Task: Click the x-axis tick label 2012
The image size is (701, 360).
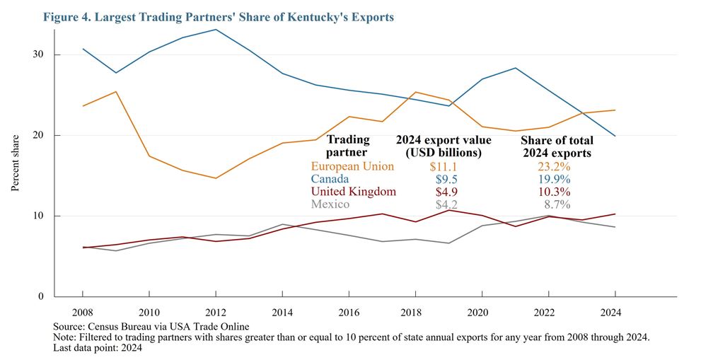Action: coord(216,311)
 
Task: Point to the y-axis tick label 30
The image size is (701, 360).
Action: coord(38,55)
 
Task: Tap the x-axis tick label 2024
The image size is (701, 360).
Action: coord(615,311)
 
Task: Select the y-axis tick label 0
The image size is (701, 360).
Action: coord(41,296)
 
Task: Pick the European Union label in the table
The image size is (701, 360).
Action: coord(352,166)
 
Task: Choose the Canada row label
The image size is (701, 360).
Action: coord(330,179)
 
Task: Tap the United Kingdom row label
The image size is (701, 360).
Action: coord(353,192)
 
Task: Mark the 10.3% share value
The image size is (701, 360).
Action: coord(555,192)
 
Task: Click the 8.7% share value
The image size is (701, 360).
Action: coord(557,204)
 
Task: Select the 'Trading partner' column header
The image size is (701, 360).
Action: coord(347,146)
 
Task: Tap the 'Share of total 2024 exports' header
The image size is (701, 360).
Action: coord(556,146)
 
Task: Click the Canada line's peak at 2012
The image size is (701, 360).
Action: coord(216,30)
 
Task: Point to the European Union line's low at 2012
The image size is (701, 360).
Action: coord(216,178)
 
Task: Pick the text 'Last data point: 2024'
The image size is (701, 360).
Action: coord(98,347)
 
